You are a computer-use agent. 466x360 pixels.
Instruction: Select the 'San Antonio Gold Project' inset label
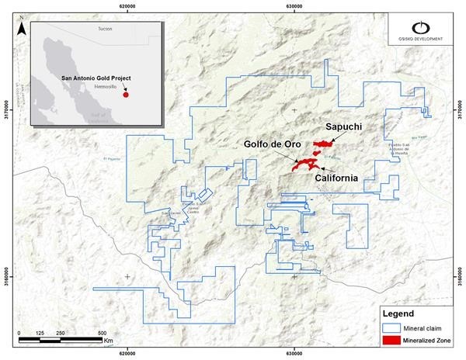coord(96,78)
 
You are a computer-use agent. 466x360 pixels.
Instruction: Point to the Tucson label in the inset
coord(105,28)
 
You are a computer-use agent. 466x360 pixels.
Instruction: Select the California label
coord(336,178)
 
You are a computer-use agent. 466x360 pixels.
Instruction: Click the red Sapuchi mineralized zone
coord(321,144)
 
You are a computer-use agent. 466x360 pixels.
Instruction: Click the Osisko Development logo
coord(425,33)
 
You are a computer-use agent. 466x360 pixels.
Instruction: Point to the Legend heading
coord(396,313)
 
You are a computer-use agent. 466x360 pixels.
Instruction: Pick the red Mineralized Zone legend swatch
coord(391,341)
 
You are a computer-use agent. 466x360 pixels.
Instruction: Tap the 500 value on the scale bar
coord(103,333)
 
